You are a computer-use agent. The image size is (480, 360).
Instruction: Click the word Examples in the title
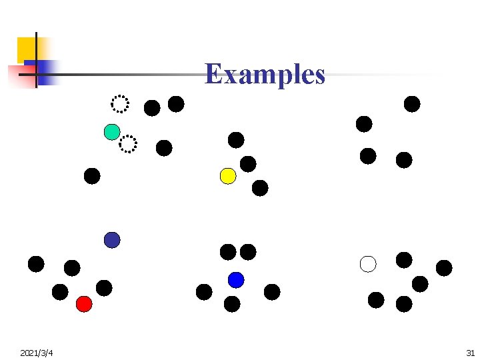point(265,74)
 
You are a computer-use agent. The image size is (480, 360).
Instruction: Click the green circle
point(112,132)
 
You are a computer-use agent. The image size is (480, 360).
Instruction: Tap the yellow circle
point(228,176)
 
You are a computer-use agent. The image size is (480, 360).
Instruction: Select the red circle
point(84,304)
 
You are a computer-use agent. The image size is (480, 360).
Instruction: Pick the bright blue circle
point(236,280)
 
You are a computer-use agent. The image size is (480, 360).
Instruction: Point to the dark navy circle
point(112,240)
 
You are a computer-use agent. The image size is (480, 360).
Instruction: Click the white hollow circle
point(368,264)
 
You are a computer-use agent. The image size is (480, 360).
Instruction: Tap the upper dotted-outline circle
point(120,104)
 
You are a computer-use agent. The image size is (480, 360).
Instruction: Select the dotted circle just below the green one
point(127,143)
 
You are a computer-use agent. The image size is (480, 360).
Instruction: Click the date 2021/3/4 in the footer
point(37,352)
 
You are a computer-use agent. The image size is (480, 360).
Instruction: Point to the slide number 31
point(470,352)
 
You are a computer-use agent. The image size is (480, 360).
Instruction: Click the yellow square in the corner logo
point(28,48)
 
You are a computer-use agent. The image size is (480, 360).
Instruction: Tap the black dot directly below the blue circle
point(232,304)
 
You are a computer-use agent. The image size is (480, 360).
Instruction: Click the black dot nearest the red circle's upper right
point(104,288)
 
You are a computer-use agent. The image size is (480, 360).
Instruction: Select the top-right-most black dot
point(412,104)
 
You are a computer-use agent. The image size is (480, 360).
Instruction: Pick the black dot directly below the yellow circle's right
point(260,188)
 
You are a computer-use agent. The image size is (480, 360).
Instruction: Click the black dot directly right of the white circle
point(404,260)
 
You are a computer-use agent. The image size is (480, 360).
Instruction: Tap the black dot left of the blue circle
point(204,292)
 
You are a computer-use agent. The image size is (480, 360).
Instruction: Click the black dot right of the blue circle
point(272,292)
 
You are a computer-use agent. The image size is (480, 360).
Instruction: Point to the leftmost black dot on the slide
point(36,264)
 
